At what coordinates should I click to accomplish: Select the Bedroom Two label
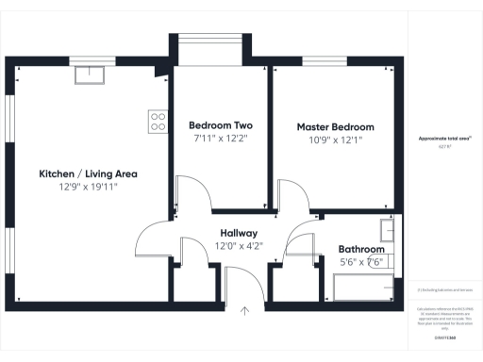[220, 126]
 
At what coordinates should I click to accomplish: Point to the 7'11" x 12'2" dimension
[220, 140]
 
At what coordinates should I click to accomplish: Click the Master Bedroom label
[335, 126]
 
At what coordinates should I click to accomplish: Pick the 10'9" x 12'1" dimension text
[335, 140]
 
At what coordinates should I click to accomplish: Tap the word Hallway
[239, 233]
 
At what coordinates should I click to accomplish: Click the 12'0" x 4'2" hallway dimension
[239, 246]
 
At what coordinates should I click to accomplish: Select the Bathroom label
[361, 250]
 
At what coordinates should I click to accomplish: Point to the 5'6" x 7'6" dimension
[361, 262]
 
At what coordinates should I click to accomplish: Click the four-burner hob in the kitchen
[158, 121]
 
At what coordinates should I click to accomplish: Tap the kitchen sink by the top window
[90, 74]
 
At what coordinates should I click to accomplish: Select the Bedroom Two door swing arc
[193, 198]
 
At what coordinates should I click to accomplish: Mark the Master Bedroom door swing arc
[292, 198]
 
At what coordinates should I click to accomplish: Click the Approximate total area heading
[444, 139]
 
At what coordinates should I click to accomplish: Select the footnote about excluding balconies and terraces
[444, 289]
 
